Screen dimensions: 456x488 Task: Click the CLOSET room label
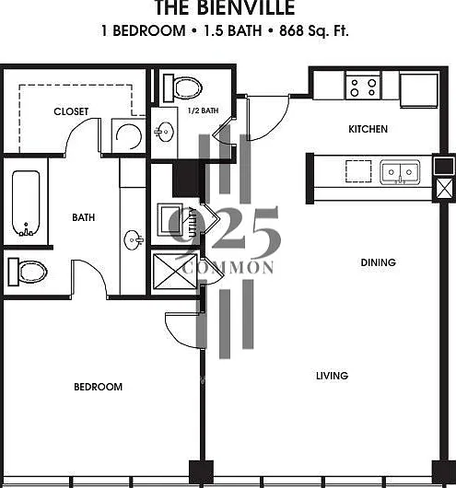tap(71, 111)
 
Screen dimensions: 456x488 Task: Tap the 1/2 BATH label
tap(203, 110)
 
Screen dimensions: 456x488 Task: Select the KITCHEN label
tap(368, 129)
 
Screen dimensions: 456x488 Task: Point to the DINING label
tap(378, 262)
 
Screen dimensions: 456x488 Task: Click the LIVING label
tap(332, 376)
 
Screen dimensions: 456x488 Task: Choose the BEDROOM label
tap(99, 387)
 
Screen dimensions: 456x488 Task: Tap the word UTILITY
tap(193, 222)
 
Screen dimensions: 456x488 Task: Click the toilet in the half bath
tap(182, 88)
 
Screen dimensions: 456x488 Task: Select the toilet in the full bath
tap(28, 272)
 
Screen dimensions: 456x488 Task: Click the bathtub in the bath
tap(26, 203)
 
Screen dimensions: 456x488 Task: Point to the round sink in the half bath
tap(164, 132)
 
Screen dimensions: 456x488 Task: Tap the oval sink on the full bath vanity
tap(134, 240)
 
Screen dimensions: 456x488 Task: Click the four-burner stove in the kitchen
tap(363, 87)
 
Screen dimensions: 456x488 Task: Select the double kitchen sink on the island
tap(400, 172)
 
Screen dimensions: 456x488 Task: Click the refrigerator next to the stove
tap(419, 90)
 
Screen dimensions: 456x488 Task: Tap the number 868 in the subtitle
tap(291, 30)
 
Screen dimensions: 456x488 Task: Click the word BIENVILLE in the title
tap(246, 7)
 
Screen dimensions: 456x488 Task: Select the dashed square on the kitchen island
tap(358, 171)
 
